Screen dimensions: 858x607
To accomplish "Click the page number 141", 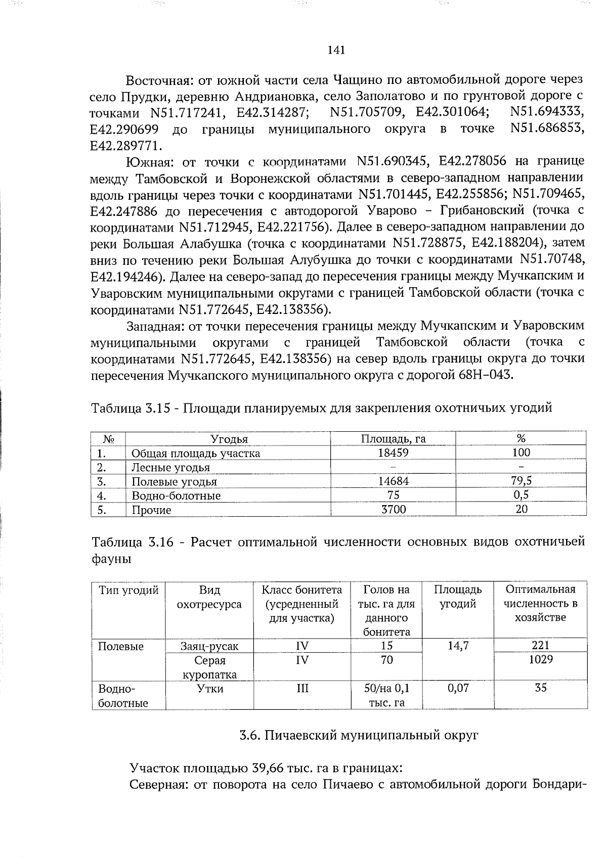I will pyautogui.click(x=336, y=50).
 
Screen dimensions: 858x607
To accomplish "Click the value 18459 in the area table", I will pyautogui.click(x=393, y=453).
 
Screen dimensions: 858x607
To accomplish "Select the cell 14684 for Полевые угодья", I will pyautogui.click(x=393, y=481).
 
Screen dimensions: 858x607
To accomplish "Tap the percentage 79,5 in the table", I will pyautogui.click(x=522, y=481).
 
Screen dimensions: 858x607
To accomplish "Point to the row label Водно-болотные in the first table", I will pyautogui.click(x=176, y=495).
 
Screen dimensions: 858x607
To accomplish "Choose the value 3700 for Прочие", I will pyautogui.click(x=393, y=510).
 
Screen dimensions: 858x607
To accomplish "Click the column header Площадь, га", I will pyautogui.click(x=393, y=438).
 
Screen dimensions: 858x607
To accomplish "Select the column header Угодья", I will pyautogui.click(x=229, y=439).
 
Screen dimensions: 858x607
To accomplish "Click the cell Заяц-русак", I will pyautogui.click(x=209, y=646).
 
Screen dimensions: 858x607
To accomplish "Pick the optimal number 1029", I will pyautogui.click(x=540, y=659).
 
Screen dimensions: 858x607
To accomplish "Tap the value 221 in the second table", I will pyautogui.click(x=540, y=645).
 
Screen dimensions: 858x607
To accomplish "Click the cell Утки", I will pyautogui.click(x=210, y=688).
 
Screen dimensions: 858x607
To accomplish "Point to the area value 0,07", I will pyautogui.click(x=458, y=688).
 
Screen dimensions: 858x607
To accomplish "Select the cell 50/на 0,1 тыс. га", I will pyautogui.click(x=387, y=695).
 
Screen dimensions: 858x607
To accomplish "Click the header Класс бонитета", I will pyautogui.click(x=302, y=590).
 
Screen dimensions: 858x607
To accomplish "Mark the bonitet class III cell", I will pyautogui.click(x=302, y=688).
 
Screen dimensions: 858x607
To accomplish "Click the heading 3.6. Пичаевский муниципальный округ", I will pyautogui.click(x=359, y=736).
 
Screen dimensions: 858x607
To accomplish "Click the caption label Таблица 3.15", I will pyautogui.click(x=132, y=408).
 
